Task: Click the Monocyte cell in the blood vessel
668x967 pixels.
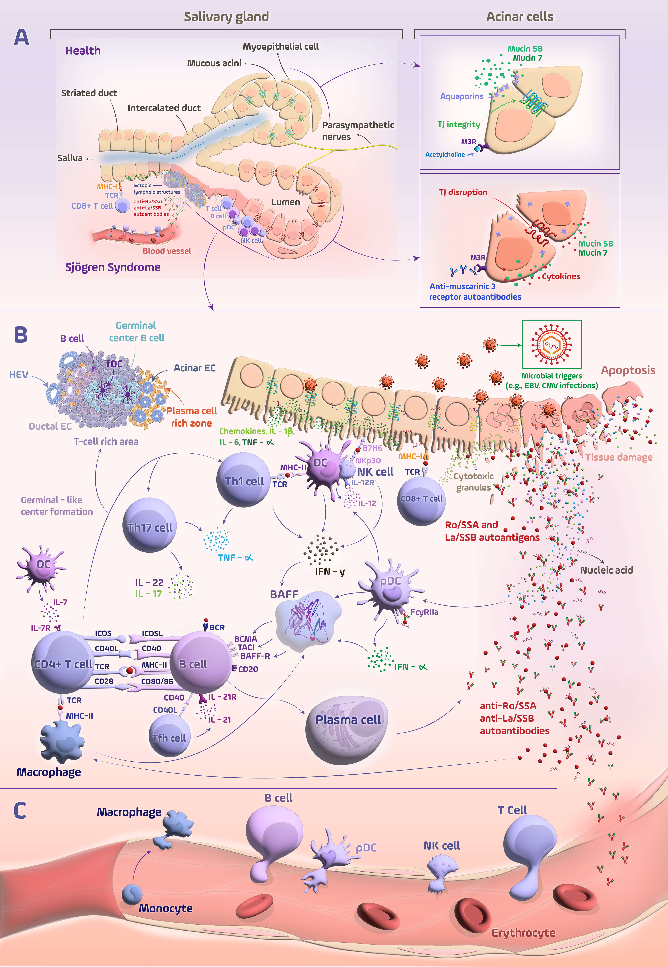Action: click(133, 894)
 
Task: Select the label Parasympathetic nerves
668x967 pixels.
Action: click(358, 130)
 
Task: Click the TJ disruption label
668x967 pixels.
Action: click(463, 192)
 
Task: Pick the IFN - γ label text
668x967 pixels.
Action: click(330, 571)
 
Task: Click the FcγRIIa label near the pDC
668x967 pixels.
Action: click(424, 612)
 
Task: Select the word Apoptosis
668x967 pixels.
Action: click(628, 370)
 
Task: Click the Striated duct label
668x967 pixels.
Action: click(89, 93)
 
